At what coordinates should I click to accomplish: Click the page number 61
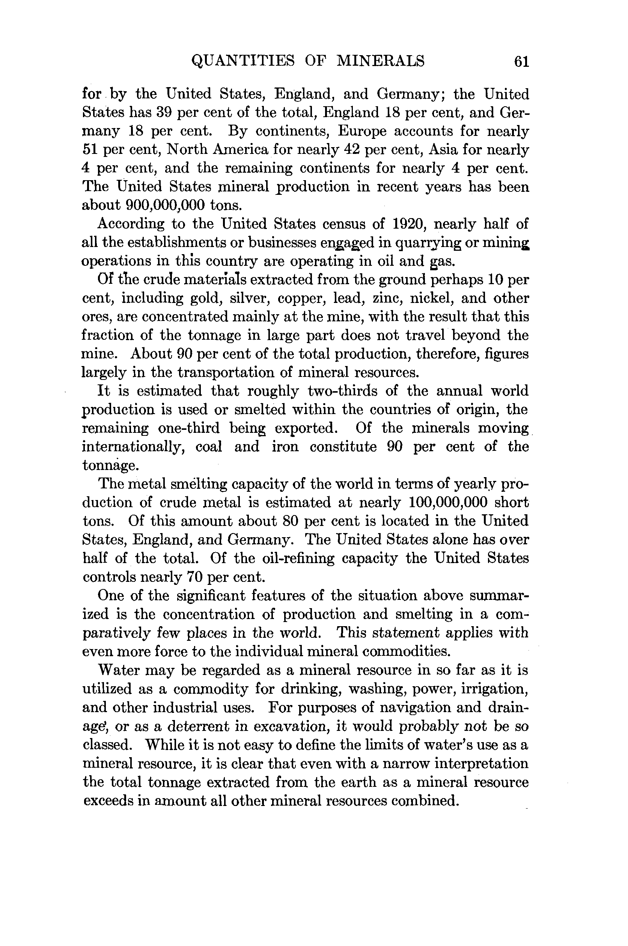pos(521,62)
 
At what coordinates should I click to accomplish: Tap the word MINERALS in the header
pos(381,61)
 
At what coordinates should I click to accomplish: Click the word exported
pos(305,428)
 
